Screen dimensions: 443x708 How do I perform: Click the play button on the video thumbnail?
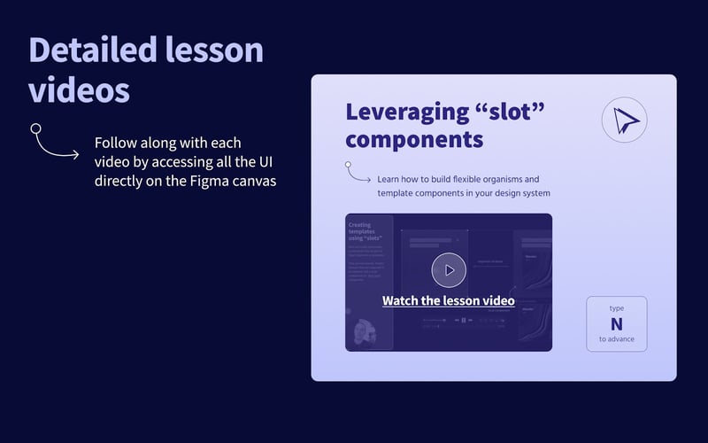(449, 270)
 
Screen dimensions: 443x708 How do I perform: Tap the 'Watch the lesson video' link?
(448, 300)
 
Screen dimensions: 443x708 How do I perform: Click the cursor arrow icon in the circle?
(624, 120)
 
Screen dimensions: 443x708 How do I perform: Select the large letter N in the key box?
(616, 324)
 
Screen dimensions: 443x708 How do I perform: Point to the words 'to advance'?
(616, 339)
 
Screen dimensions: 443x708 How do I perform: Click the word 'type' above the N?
(616, 308)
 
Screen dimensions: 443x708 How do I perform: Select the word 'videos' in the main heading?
(79, 90)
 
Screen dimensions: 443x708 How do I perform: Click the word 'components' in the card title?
(414, 139)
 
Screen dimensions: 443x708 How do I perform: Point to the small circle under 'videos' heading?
(36, 128)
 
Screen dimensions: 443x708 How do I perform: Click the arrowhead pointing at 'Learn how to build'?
(368, 180)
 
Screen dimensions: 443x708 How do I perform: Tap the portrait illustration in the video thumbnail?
(363, 332)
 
